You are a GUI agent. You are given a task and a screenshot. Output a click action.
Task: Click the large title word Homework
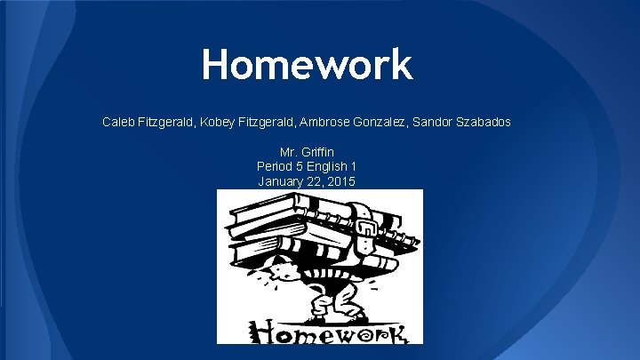click(x=307, y=65)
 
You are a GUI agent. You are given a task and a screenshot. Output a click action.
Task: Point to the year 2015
click(x=340, y=181)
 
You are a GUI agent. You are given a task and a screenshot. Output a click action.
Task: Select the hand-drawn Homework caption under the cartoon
click(x=320, y=331)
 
